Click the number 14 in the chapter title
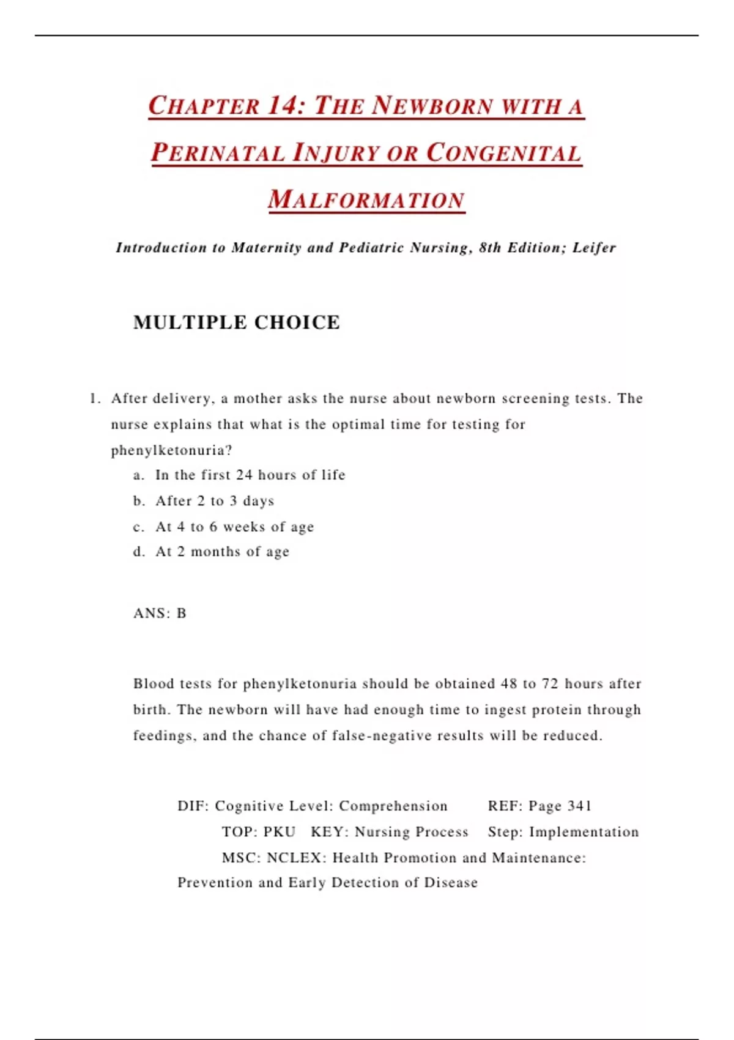tap(282, 105)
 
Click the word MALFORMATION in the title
tap(366, 200)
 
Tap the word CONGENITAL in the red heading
tap(503, 153)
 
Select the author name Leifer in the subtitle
tap(594, 248)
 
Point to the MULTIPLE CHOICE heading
tap(237, 322)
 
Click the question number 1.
tap(94, 399)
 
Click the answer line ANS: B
tap(160, 614)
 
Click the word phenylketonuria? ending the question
tap(171, 451)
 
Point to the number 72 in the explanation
tap(550, 684)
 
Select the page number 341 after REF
tap(579, 806)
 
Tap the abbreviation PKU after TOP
tap(280, 832)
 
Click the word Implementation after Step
tap(584, 832)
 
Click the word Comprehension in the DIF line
tap(393, 806)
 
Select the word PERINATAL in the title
tap(218, 153)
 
